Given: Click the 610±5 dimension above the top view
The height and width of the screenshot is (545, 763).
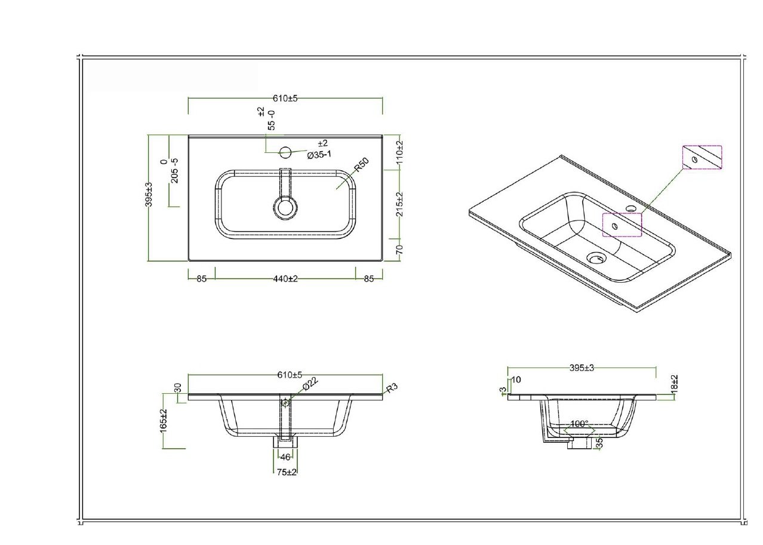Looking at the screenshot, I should click(x=285, y=99).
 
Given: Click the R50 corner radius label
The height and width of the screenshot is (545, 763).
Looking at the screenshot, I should click(x=362, y=165).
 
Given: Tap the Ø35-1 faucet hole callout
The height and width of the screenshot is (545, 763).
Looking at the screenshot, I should click(x=319, y=155).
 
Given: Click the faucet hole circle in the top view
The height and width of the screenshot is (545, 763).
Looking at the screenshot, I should click(x=285, y=152).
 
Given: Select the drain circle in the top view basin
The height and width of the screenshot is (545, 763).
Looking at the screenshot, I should click(x=285, y=207).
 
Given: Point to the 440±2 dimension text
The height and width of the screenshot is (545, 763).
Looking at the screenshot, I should click(x=285, y=278).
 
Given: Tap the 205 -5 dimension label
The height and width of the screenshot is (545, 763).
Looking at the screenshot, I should click(x=174, y=171).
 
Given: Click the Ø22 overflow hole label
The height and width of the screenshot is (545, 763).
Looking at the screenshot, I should click(x=310, y=384).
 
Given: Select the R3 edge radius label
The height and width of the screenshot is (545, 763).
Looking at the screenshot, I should click(x=392, y=388).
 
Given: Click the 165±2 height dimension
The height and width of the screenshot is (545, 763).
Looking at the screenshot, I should click(x=164, y=421).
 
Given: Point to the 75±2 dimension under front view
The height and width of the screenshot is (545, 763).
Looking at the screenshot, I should click(x=287, y=472).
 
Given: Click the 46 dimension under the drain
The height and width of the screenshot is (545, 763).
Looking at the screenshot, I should click(x=285, y=457).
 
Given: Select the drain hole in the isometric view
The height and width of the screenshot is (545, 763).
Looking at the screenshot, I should click(x=596, y=258).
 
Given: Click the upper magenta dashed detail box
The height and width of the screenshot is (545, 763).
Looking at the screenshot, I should click(x=702, y=157).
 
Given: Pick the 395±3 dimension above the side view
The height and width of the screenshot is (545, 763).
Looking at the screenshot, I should click(x=582, y=368).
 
